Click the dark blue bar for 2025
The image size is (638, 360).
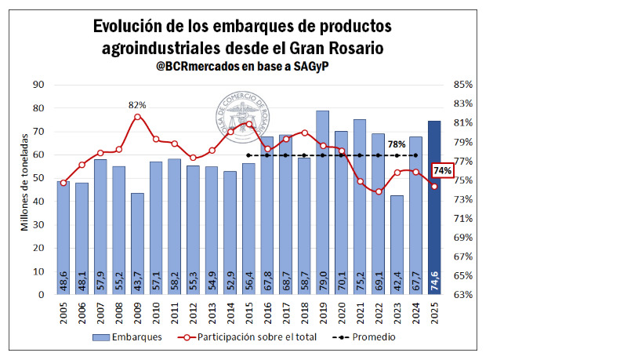(x=433, y=208)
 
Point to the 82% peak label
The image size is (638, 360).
(x=137, y=105)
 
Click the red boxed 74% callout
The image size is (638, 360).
(x=443, y=170)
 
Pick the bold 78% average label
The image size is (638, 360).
(x=397, y=144)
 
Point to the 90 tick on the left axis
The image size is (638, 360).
(x=38, y=85)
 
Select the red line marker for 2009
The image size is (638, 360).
(x=137, y=117)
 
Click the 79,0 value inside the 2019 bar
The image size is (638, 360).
(x=322, y=281)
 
